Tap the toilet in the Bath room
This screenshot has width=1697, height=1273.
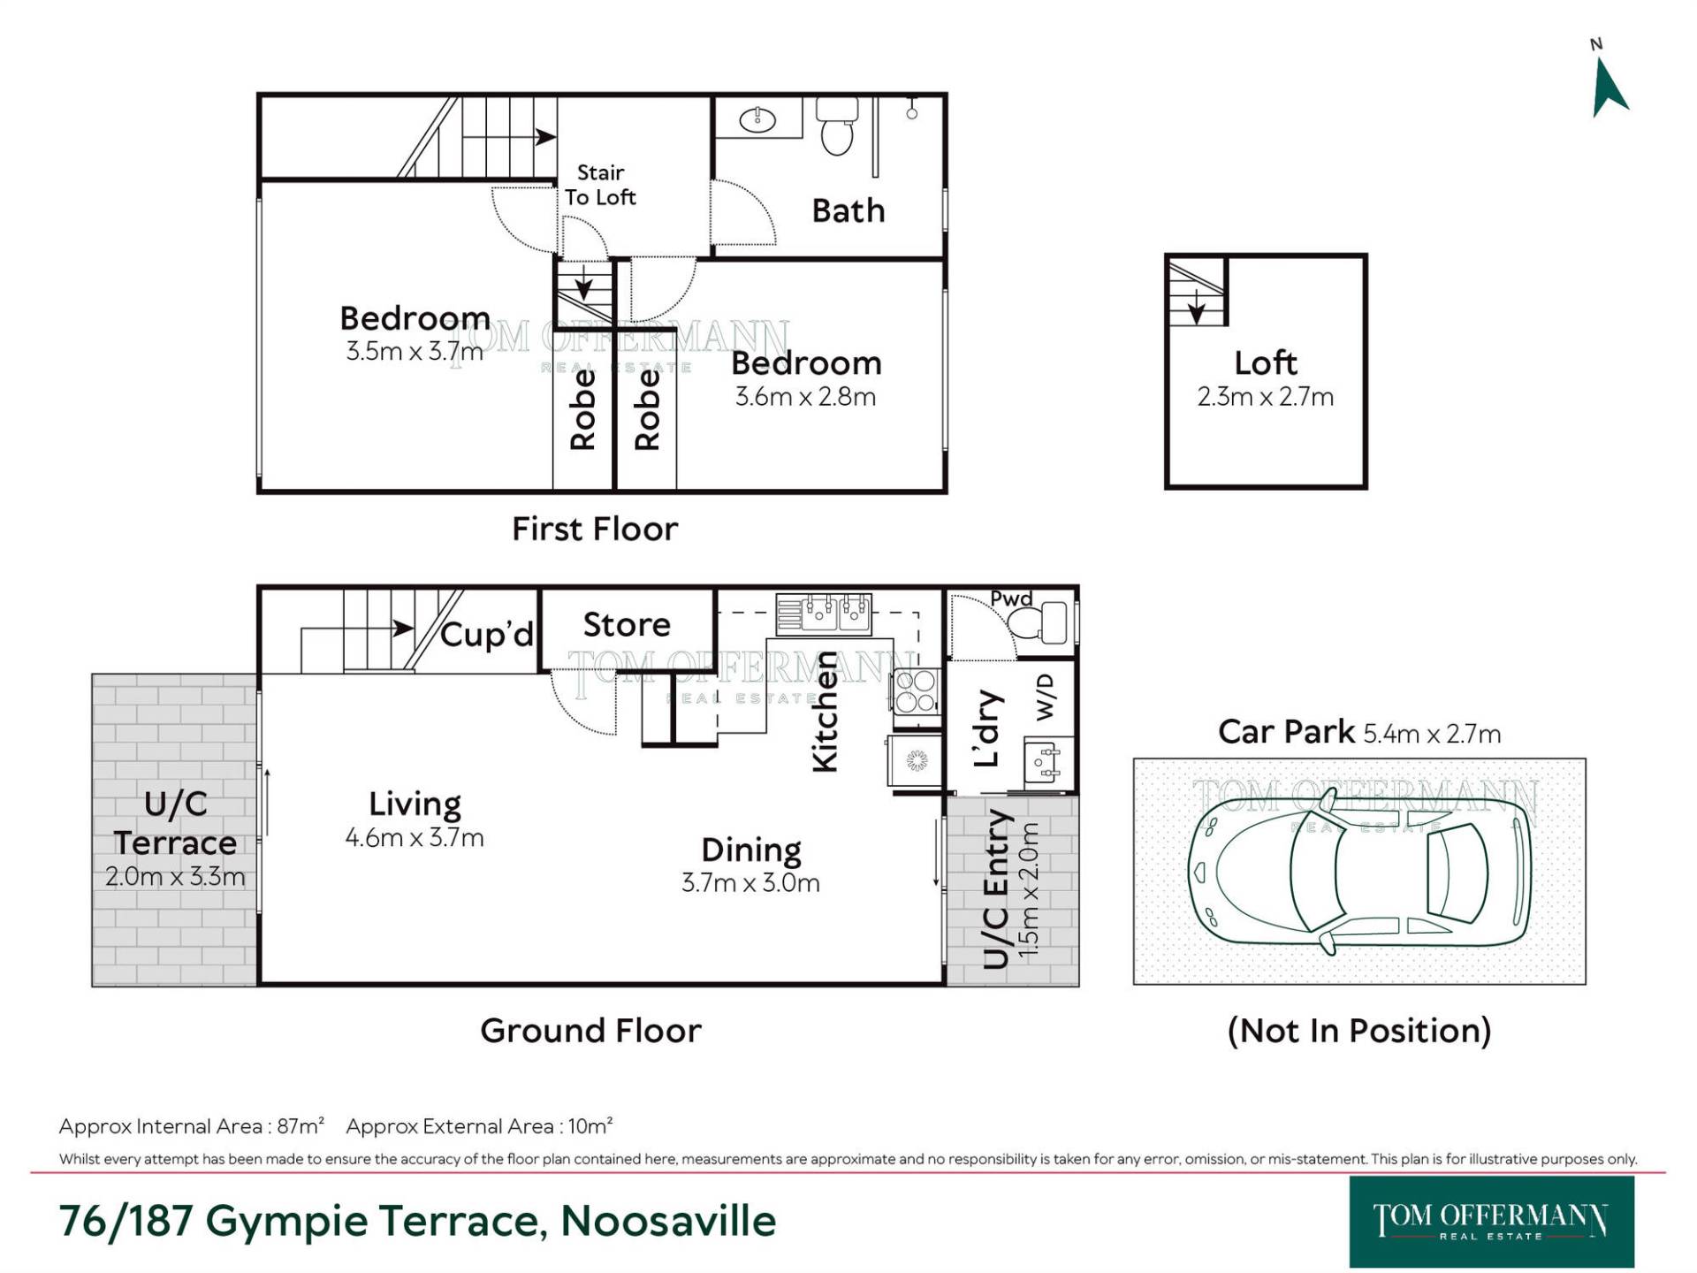point(836,126)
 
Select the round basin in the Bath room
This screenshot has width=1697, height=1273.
point(757,119)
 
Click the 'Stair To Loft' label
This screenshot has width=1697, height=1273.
point(600,185)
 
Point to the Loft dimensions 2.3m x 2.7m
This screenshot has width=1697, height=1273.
point(1265,397)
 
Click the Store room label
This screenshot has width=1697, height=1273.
point(627,624)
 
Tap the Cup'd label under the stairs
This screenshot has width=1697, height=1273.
point(487,634)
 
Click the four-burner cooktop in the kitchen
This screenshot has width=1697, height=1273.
point(916,691)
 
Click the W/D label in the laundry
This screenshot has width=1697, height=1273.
point(1045,697)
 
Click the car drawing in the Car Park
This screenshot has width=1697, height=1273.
point(1359,872)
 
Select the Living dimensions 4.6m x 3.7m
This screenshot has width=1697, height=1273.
point(415,837)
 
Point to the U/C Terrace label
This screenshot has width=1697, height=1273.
point(175,823)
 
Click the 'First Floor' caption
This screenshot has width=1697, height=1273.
point(595,529)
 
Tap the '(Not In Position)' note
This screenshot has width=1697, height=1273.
point(1359,1030)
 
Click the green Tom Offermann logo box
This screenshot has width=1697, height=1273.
point(1491,1222)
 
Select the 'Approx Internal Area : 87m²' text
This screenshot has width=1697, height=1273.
point(192,1126)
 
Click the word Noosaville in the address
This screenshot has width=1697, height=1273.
point(668,1221)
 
